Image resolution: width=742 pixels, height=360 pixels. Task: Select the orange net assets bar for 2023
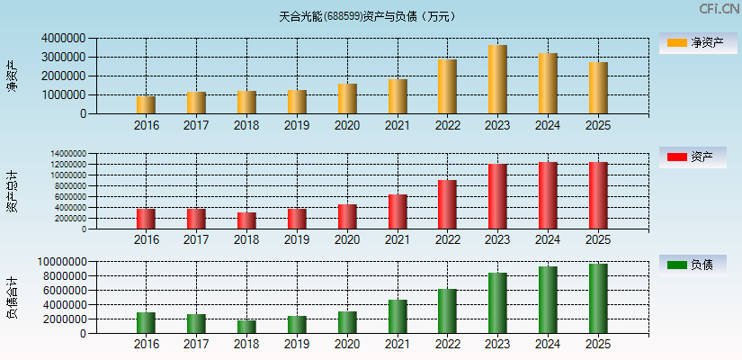(x=497, y=79)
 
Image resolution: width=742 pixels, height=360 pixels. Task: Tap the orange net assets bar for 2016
(x=146, y=104)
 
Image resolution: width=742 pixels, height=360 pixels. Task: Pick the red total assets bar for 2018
(x=246, y=220)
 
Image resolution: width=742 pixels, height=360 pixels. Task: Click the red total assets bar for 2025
(x=598, y=195)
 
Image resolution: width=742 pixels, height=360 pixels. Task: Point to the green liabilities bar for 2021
(x=398, y=316)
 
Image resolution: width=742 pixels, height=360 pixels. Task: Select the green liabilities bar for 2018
(x=246, y=327)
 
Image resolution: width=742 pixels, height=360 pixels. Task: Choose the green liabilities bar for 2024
(x=548, y=300)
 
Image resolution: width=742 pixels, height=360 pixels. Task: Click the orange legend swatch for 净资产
(x=676, y=42)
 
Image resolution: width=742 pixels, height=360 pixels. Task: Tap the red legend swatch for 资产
(x=676, y=157)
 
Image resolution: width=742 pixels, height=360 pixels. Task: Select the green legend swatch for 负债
(x=676, y=265)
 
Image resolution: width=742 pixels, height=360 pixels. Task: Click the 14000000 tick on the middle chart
(x=65, y=154)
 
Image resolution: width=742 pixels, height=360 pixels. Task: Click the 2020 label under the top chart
(x=347, y=125)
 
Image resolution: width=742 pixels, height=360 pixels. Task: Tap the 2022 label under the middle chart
(x=447, y=240)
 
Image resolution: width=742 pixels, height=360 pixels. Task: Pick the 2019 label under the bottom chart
(x=297, y=344)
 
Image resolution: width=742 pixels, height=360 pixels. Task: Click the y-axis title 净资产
(x=13, y=76)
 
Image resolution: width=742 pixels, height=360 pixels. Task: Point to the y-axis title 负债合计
(x=13, y=297)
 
